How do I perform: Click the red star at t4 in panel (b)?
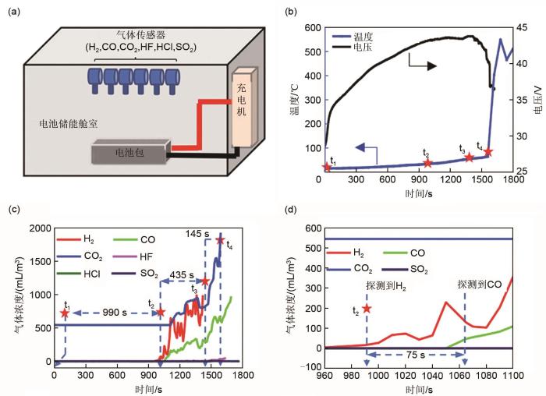pyautogui.click(x=488, y=152)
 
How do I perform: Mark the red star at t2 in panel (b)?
pyautogui.click(x=427, y=163)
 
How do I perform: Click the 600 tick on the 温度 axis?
pyautogui.click(x=310, y=28)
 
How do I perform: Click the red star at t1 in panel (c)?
pyautogui.click(x=65, y=313)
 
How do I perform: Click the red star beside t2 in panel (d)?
pyautogui.click(x=366, y=309)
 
